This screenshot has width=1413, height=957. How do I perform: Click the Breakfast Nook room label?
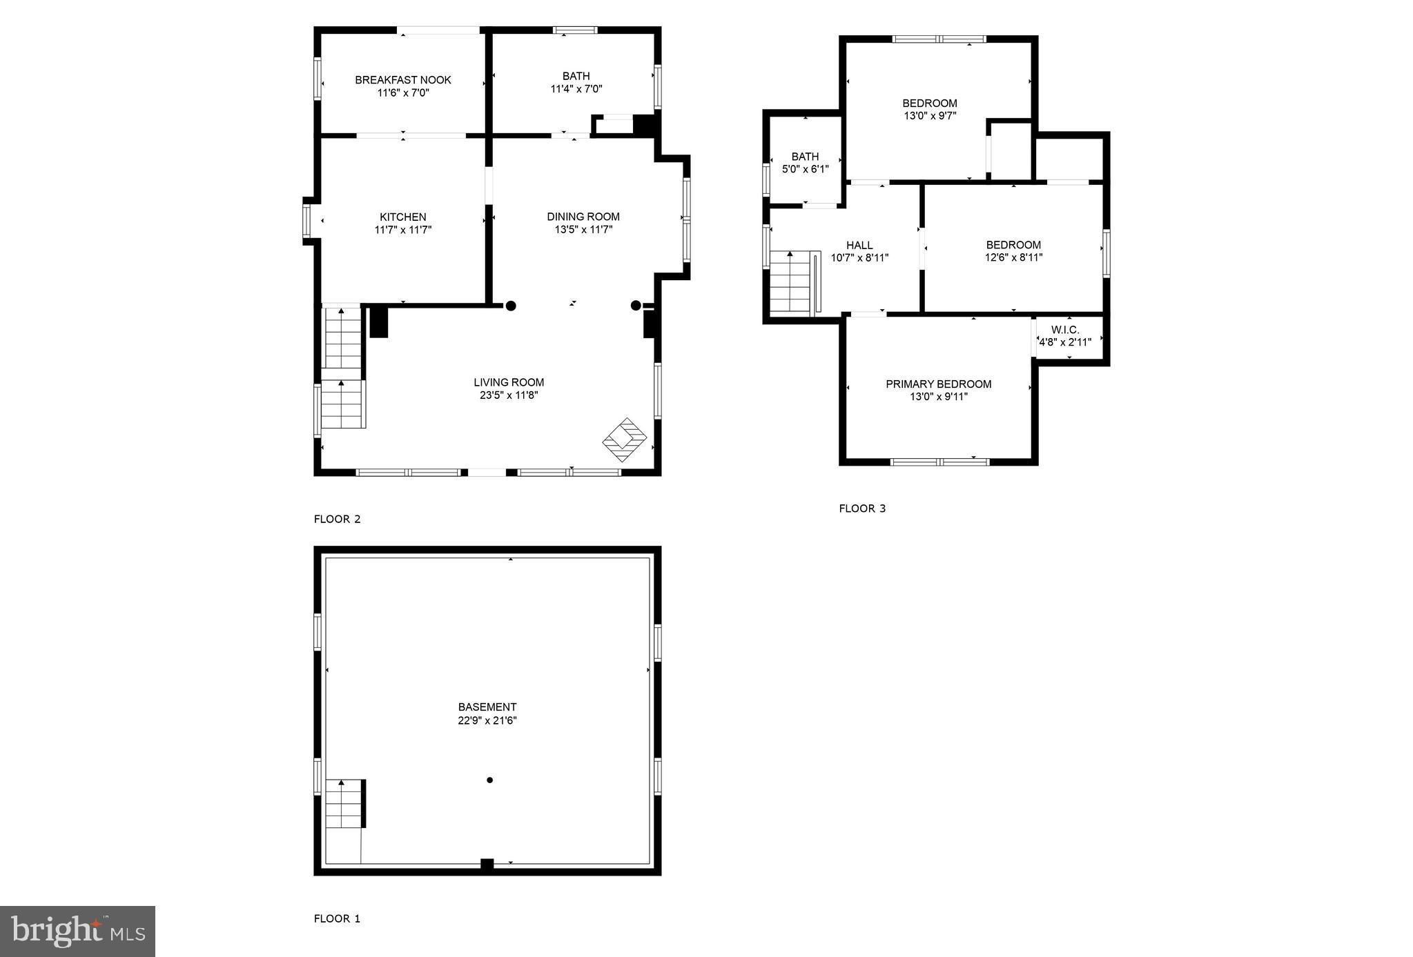click(402, 80)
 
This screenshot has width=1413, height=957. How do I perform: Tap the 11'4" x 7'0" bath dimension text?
click(576, 89)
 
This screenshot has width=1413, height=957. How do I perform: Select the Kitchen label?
click(402, 217)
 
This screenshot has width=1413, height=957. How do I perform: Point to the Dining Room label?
click(583, 217)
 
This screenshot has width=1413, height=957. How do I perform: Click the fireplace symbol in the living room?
click(624, 439)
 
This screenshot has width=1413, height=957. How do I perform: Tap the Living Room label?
click(508, 382)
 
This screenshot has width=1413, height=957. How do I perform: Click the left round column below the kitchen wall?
click(511, 306)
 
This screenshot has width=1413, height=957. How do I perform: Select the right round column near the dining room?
click(635, 305)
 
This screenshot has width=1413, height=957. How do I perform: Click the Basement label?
click(487, 707)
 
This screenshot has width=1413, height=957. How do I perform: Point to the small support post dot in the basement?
click(489, 780)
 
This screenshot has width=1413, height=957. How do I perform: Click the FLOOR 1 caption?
click(337, 918)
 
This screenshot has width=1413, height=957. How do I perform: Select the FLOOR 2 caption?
click(337, 519)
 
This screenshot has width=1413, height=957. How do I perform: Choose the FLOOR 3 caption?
click(861, 509)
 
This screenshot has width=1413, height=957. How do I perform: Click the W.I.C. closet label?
click(1065, 330)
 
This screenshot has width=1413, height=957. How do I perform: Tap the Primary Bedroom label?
click(938, 384)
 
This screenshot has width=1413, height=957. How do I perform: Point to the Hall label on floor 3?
click(859, 245)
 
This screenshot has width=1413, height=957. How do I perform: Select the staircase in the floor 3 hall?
click(790, 282)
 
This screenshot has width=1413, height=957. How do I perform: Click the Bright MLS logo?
click(77, 931)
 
